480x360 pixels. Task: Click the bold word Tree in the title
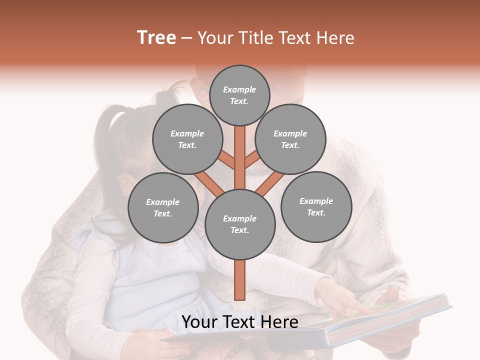[x=156, y=38]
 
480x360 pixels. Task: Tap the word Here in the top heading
[x=337, y=38]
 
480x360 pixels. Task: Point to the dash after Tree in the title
[x=187, y=38]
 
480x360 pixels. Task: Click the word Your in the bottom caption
[x=200, y=322]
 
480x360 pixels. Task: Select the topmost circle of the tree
[x=239, y=95]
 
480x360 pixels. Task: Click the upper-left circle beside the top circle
[x=187, y=139]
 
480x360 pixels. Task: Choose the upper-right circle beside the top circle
[x=290, y=139]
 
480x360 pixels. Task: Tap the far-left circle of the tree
[x=163, y=207]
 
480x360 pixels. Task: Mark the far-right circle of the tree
[x=316, y=206]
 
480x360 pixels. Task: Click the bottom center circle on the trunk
[x=240, y=224]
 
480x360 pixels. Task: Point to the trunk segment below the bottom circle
[x=240, y=280]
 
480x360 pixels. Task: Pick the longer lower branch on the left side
[x=208, y=183]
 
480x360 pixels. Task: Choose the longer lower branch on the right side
[x=270, y=183]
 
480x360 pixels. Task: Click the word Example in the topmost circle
[x=239, y=89]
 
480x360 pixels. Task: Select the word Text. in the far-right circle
[x=316, y=212]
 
